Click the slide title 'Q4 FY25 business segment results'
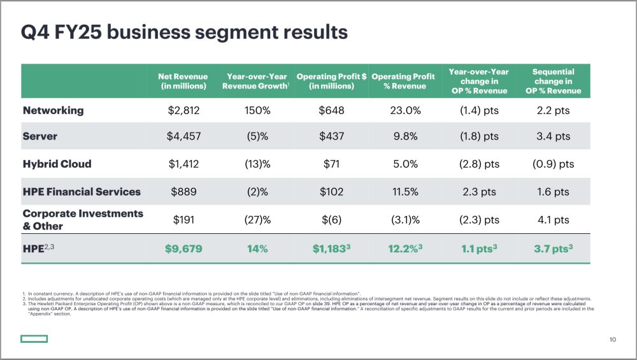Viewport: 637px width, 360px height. (184, 32)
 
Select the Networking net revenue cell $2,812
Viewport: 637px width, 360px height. (183, 110)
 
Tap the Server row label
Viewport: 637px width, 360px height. (40, 136)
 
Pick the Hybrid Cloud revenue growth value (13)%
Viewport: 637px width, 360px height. (257, 164)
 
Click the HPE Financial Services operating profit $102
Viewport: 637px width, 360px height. (331, 191)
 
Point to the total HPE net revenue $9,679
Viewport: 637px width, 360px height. (183, 248)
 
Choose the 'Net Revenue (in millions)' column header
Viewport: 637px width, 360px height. (182, 81)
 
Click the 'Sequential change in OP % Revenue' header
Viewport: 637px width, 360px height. (553, 81)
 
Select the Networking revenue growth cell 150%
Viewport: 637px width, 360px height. (257, 110)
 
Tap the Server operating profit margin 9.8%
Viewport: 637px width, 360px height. (404, 136)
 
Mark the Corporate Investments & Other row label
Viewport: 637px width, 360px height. (83, 219)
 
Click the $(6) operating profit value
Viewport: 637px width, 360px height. (331, 220)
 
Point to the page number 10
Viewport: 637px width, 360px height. (613, 340)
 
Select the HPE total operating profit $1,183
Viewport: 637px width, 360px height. (331, 248)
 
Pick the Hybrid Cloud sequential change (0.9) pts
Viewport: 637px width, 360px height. (553, 164)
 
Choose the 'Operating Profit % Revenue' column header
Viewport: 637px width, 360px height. (404, 81)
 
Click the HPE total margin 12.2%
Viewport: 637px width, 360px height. (404, 248)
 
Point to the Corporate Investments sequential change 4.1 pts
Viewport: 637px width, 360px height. (553, 220)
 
